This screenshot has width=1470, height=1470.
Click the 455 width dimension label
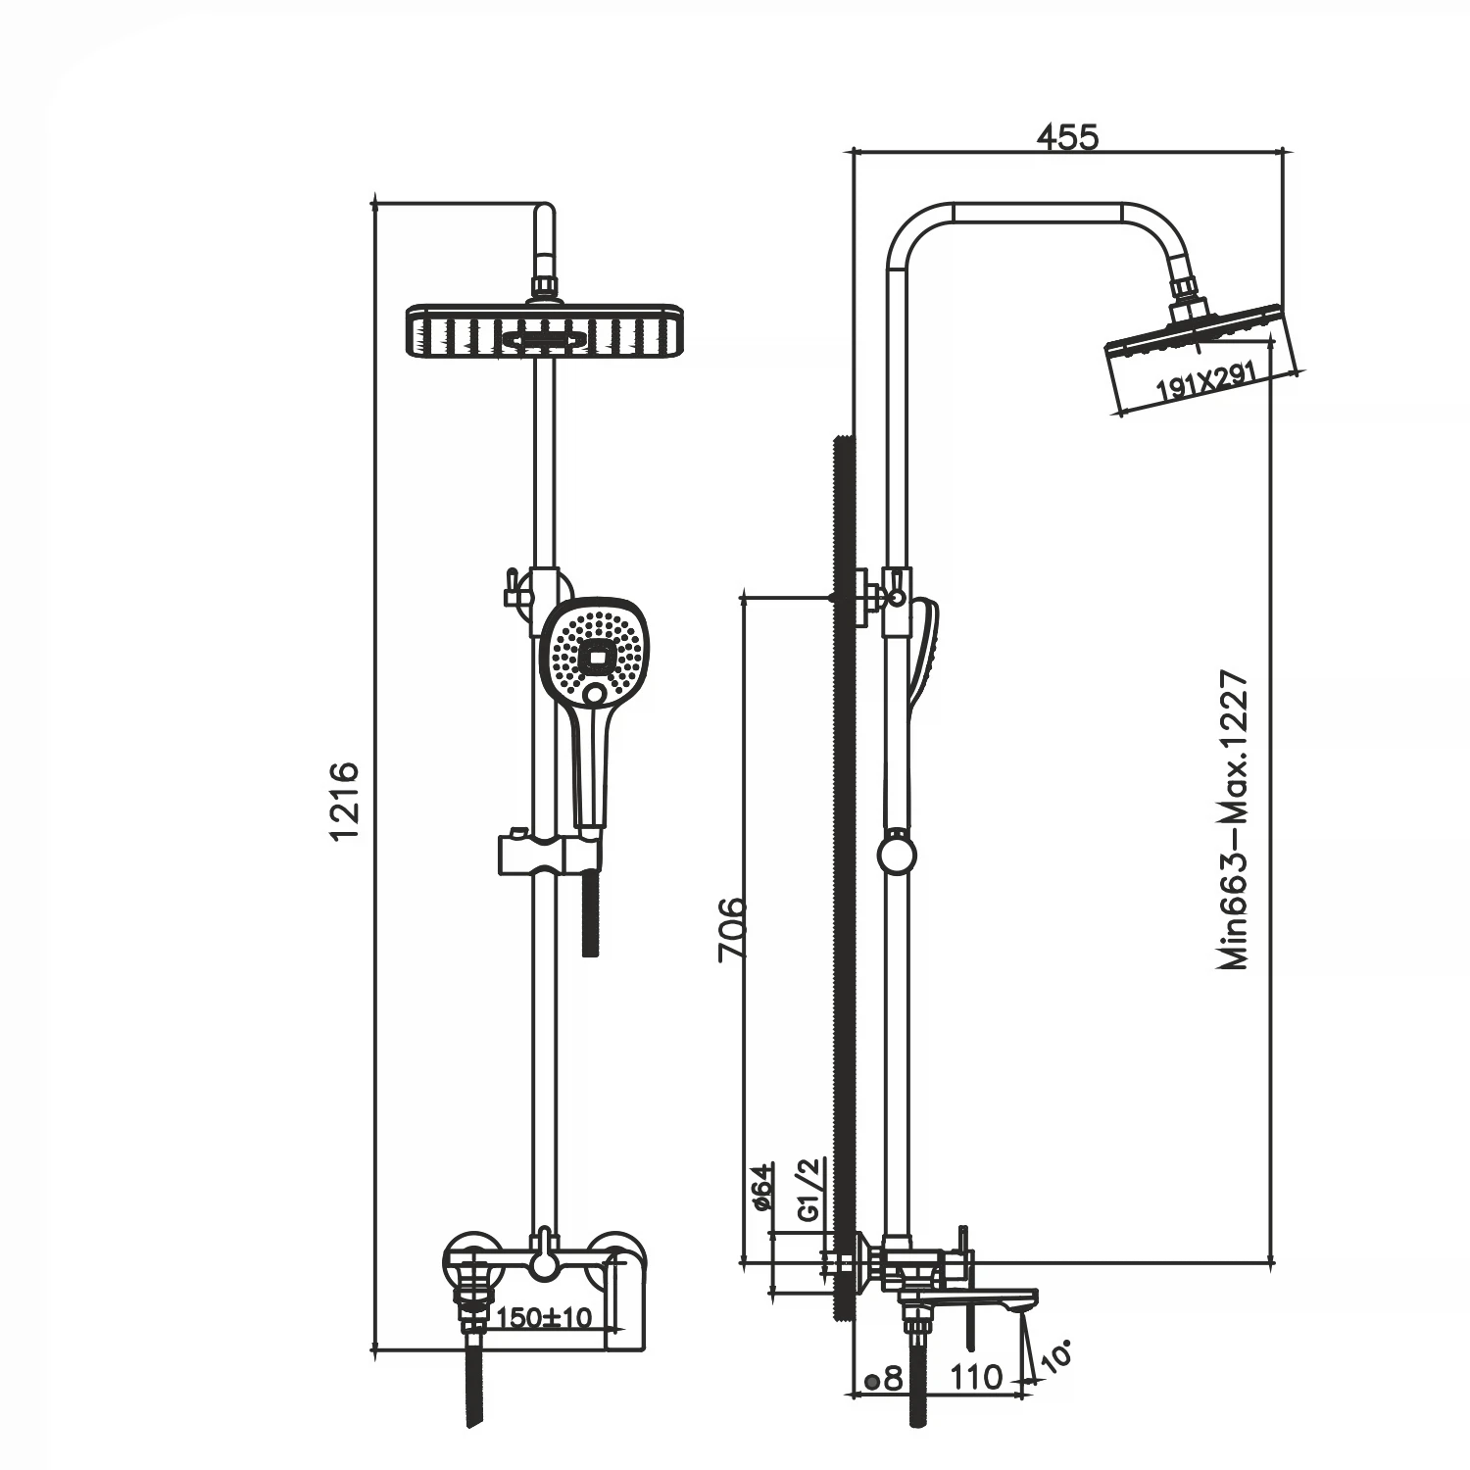click(x=1067, y=137)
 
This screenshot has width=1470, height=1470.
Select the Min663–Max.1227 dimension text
click(x=1235, y=820)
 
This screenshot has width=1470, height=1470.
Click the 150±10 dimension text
click(x=545, y=1317)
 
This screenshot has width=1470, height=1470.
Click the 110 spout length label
click(x=977, y=1377)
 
